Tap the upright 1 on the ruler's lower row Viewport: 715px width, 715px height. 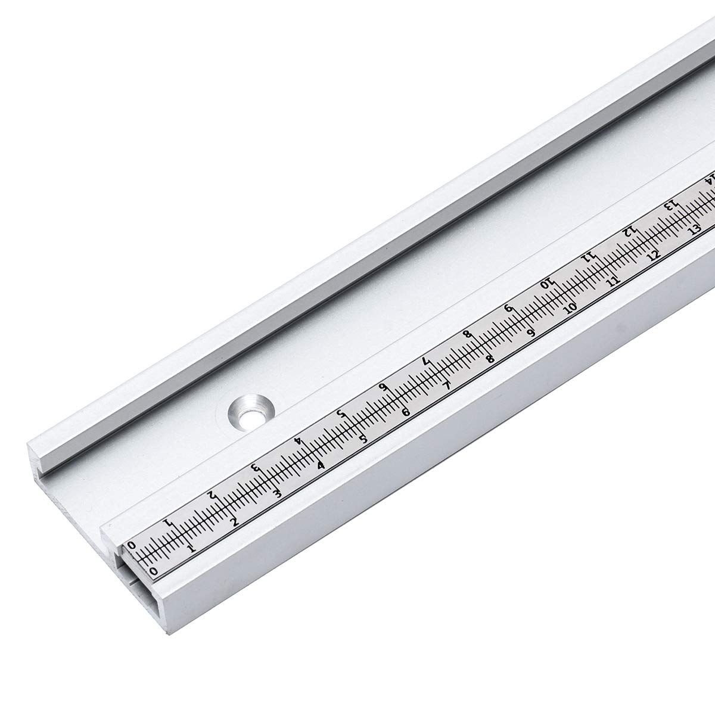[x=191, y=548]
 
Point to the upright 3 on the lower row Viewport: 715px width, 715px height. [x=276, y=493]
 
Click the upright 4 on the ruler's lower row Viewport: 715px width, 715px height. [x=321, y=466]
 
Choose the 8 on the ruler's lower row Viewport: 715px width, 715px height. [x=490, y=359]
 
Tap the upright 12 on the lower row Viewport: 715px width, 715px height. [x=654, y=255]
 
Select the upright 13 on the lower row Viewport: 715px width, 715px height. [x=693, y=231]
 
